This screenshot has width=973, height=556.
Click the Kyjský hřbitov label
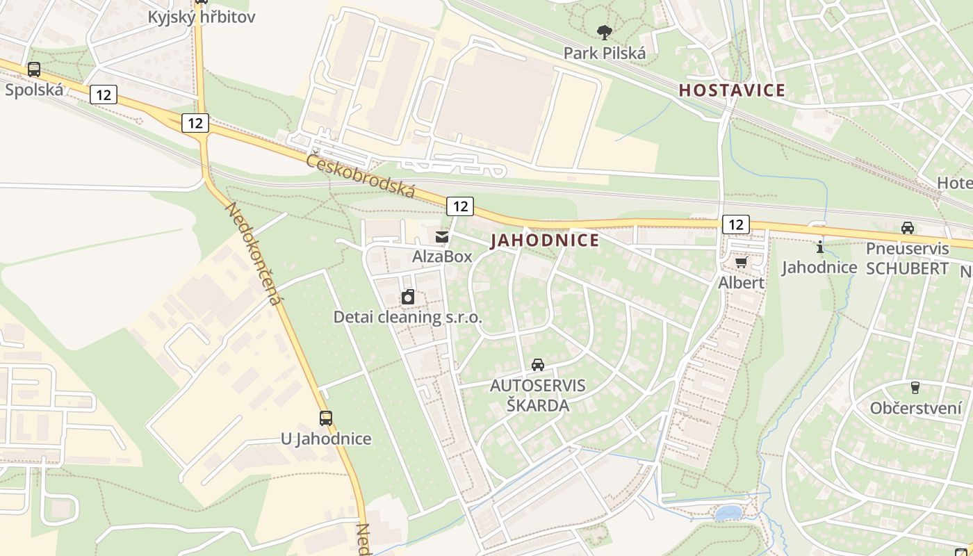point(201,17)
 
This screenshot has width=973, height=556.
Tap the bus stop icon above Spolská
point(33,69)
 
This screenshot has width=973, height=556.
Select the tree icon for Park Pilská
point(605,32)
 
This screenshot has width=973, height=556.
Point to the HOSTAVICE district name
point(732,90)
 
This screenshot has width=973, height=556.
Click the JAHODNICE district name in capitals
point(545,240)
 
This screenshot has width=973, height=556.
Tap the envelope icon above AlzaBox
point(442,237)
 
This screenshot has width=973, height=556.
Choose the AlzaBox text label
point(442,256)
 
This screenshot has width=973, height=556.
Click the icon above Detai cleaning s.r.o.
point(408,297)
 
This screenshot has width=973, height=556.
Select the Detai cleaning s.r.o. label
point(408,318)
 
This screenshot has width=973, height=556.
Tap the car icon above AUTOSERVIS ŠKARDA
point(537,365)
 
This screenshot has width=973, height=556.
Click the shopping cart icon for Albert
point(741,263)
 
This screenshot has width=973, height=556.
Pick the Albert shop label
point(741,283)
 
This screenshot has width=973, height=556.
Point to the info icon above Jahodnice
point(819,247)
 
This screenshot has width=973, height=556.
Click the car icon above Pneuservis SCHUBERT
point(907,228)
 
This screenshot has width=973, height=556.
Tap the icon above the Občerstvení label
point(915,388)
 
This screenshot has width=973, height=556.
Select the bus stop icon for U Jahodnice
point(325,418)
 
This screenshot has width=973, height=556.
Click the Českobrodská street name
point(361,174)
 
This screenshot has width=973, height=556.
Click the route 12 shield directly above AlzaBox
point(459,206)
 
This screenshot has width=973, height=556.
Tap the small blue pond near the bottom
point(728,513)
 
